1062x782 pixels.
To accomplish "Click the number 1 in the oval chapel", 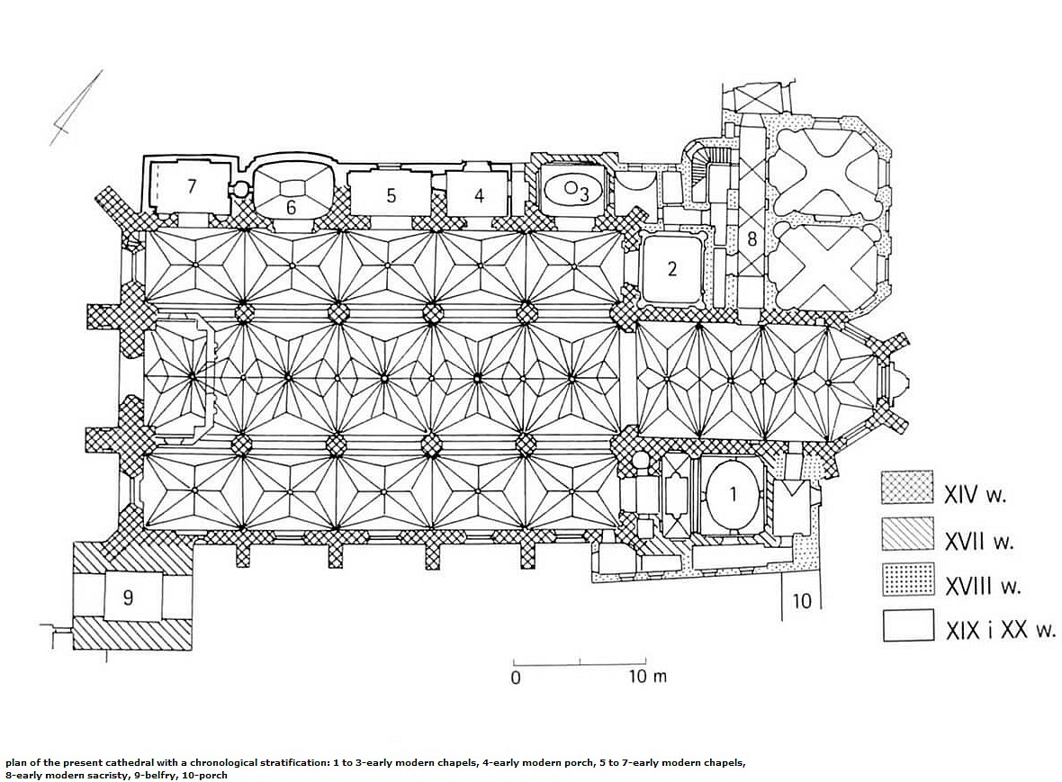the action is coord(733,494).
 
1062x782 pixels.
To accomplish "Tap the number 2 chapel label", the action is coord(672,269).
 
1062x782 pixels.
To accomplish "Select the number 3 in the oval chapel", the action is coord(584,194).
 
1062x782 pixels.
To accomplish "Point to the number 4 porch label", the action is coord(480,195).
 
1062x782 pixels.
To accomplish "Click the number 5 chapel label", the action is coord(391,195).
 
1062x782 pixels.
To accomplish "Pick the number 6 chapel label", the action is coord(292,207).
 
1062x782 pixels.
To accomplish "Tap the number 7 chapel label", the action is coord(192,186).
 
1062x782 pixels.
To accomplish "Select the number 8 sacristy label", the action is coord(751,239).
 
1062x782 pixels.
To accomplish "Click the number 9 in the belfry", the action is coord(128,598).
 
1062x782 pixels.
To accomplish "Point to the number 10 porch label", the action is coord(801,600).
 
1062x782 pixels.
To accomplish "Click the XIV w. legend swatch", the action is coord(907,488).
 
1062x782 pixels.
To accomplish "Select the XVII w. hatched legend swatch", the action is coord(907,534).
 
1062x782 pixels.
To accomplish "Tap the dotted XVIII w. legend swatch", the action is coord(907,580).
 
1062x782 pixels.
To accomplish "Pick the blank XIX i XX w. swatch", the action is coord(907,625).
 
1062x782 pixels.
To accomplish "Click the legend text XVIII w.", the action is coord(983,586).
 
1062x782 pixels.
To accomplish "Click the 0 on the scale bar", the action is coord(516,677).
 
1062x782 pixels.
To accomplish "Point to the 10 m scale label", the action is coord(648,676).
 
